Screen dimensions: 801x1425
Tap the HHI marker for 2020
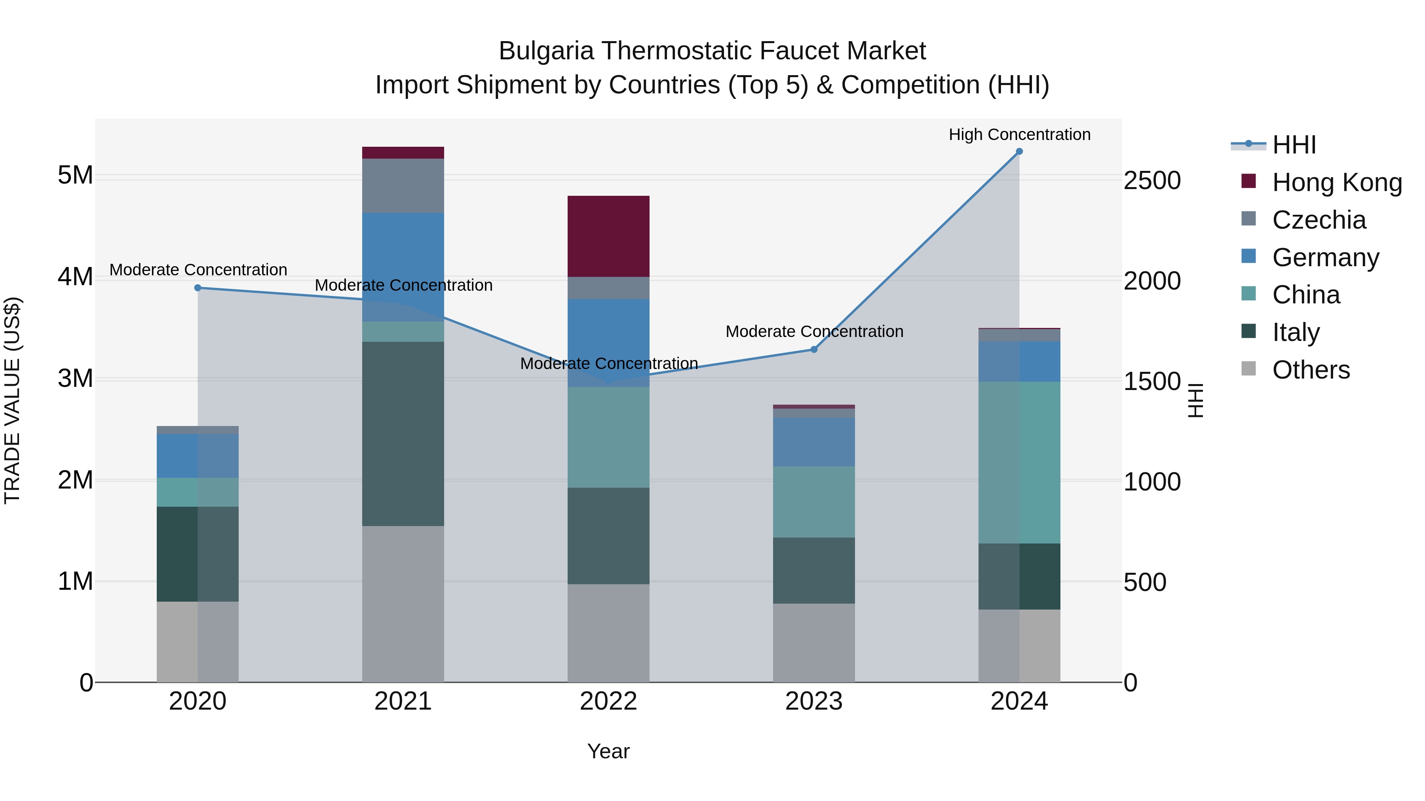click(x=198, y=288)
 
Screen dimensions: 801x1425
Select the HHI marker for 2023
click(x=814, y=349)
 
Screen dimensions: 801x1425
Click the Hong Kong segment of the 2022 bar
click(x=608, y=236)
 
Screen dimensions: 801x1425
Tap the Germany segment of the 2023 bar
click(x=814, y=442)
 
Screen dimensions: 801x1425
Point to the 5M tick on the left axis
click(x=75, y=175)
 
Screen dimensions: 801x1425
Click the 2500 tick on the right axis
click(x=1152, y=181)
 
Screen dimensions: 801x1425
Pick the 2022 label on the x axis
click(x=608, y=701)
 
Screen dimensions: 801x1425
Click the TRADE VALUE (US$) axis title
click(x=12, y=400)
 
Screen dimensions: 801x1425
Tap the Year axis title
click(x=608, y=751)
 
